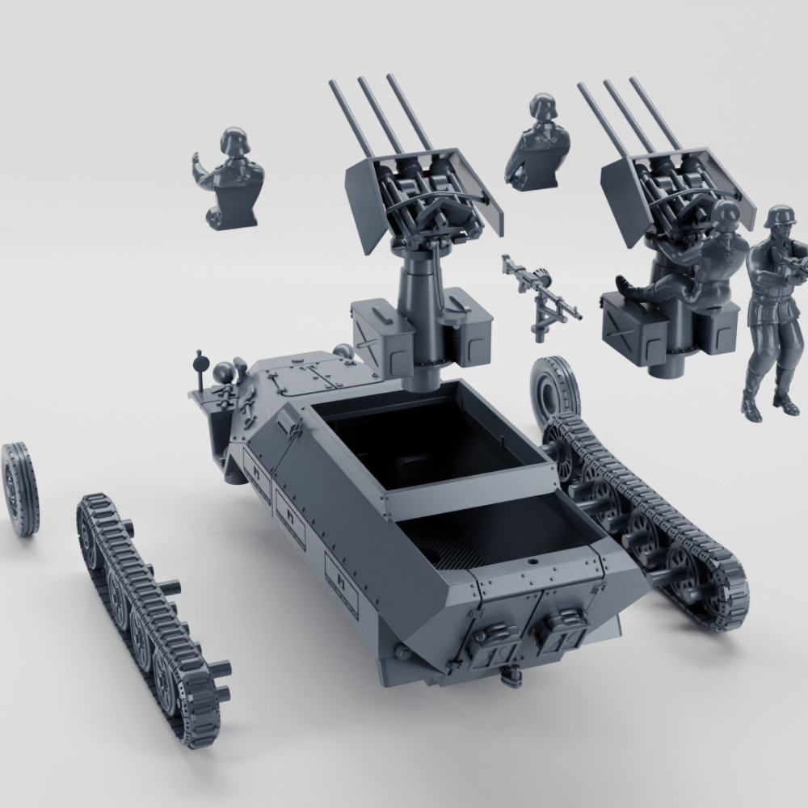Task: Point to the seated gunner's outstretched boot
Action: click(x=624, y=284)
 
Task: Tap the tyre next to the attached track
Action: click(x=554, y=390)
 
